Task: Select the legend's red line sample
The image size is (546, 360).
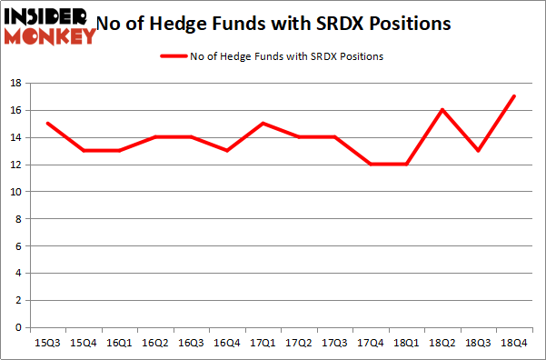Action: [173, 56]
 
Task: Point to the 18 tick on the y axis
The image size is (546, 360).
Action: [17, 84]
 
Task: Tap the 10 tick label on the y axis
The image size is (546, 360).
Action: [17, 192]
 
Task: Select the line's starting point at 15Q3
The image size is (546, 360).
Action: [46, 124]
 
